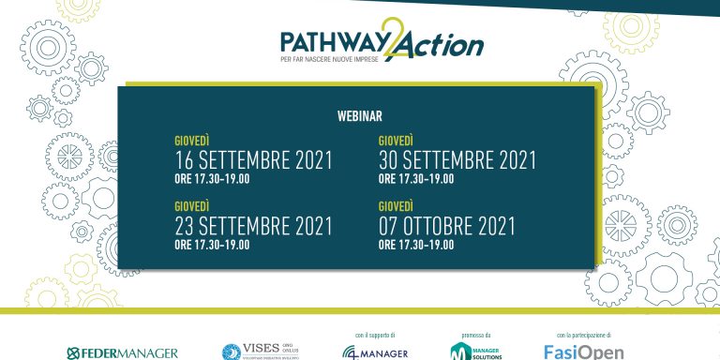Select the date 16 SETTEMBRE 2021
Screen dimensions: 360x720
tap(253, 160)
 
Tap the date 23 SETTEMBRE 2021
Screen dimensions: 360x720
tap(253, 226)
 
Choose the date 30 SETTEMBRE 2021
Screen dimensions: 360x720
tap(457, 160)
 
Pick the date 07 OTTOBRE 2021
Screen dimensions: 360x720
tap(446, 226)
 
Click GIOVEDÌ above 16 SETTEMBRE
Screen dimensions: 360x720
tap(191, 141)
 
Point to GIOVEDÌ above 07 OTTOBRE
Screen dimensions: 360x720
tap(396, 206)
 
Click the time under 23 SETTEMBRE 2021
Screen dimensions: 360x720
tap(212, 245)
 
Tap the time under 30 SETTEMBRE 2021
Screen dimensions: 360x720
tap(416, 179)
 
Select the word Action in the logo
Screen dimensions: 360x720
tap(443, 44)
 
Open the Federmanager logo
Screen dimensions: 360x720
tap(122, 352)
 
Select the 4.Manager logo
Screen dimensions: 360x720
tap(375, 352)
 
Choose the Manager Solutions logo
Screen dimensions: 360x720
tap(476, 352)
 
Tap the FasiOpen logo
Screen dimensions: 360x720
tap(583, 352)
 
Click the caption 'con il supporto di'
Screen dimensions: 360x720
tap(375, 335)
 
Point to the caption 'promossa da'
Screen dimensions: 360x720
tap(476, 335)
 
